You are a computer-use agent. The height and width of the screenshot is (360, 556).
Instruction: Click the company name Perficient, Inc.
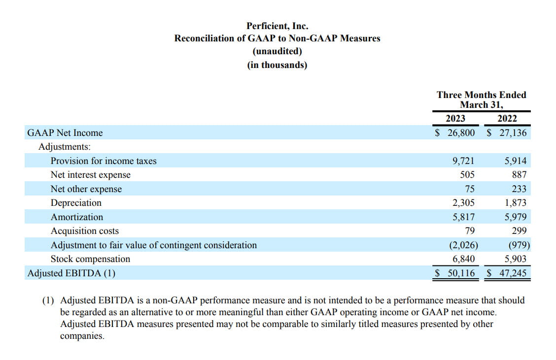(278, 26)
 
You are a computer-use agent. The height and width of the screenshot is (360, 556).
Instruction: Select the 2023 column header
(455, 118)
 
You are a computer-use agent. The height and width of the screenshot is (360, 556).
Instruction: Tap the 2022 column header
(507, 118)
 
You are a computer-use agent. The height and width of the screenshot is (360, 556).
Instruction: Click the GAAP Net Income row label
(65, 133)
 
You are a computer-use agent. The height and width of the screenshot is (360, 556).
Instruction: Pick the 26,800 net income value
(461, 133)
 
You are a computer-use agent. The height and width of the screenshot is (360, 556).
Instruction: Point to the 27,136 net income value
(513, 133)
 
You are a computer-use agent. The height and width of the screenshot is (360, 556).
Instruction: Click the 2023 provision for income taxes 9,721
(463, 161)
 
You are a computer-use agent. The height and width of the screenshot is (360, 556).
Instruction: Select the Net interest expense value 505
(467, 175)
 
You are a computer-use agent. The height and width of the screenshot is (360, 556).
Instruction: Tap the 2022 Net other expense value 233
(519, 189)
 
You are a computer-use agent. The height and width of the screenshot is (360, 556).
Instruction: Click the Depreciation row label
(76, 203)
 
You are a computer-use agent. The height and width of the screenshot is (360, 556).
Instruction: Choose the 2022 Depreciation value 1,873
(516, 203)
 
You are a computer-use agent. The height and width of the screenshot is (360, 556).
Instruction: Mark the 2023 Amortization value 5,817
(463, 217)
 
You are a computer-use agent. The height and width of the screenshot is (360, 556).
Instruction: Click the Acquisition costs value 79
(470, 230)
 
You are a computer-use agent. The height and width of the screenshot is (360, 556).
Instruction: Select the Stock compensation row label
(90, 259)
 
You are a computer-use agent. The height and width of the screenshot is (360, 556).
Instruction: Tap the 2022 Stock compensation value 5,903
(516, 259)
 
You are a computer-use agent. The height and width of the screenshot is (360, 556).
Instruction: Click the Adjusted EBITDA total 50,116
(461, 273)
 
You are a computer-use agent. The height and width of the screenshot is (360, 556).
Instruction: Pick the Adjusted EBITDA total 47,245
(513, 273)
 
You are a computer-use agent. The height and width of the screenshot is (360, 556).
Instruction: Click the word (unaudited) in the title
(278, 51)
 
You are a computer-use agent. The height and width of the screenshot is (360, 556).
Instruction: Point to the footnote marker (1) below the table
(48, 300)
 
